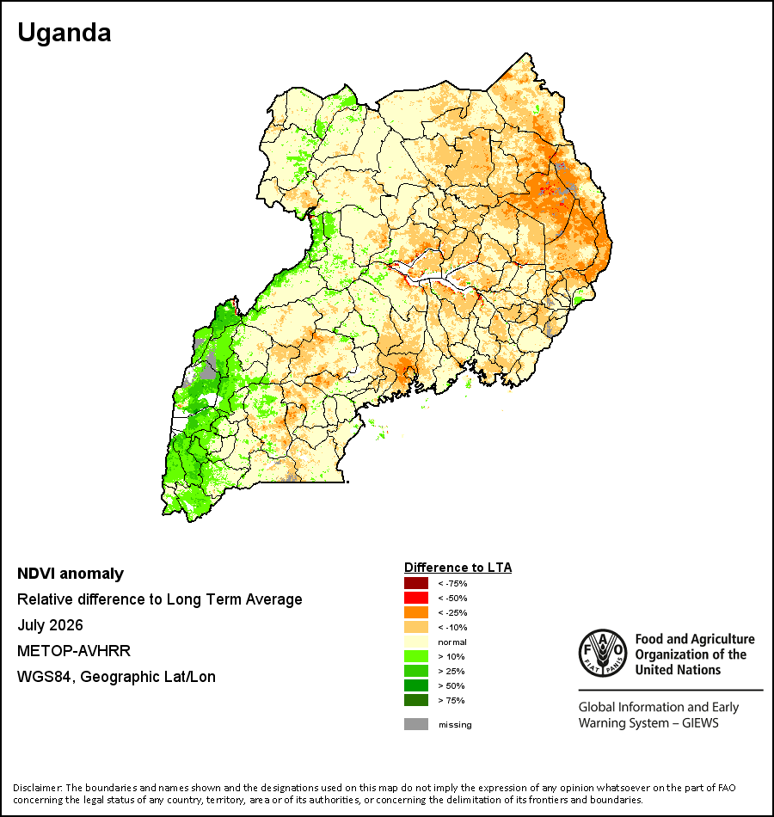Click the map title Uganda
[x=64, y=33]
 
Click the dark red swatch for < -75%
[x=416, y=583]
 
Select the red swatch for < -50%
[x=416, y=598]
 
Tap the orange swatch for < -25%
[x=416, y=612]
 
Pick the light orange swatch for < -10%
[x=416, y=627]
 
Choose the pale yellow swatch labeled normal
[x=416, y=642]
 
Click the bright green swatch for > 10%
[x=416, y=656]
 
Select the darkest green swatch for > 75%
[x=416, y=700]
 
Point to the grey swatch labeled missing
[x=416, y=724]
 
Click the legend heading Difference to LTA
[x=458, y=568]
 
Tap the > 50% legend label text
[x=451, y=685]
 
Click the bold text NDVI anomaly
[x=71, y=574]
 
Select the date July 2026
[x=50, y=625]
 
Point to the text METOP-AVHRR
[x=74, y=651]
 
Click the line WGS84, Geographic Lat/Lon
[x=116, y=677]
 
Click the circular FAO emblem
[x=603, y=654]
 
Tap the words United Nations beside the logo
[x=678, y=670]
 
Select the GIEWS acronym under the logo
[x=700, y=723]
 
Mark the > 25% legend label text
[x=451, y=671]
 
